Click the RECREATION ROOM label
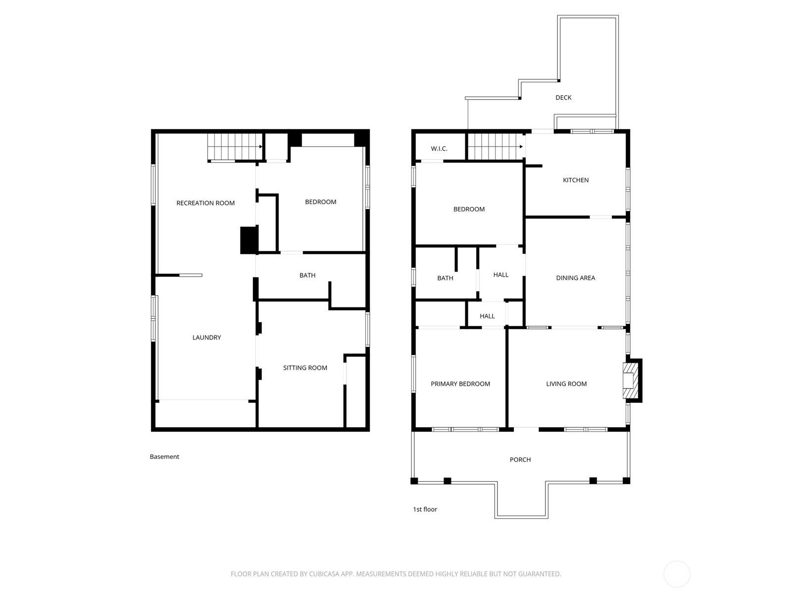(x=205, y=203)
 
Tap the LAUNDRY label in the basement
(x=206, y=337)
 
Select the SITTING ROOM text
(x=305, y=367)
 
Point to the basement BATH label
(x=307, y=275)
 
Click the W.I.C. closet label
(x=439, y=148)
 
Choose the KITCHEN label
(x=576, y=180)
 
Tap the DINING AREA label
(x=575, y=278)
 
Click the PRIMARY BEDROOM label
(x=460, y=384)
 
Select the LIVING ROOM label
(x=566, y=384)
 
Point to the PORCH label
(x=520, y=459)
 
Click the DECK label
(x=563, y=98)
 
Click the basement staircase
(x=235, y=147)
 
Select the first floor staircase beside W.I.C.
(x=496, y=147)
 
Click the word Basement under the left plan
(x=164, y=456)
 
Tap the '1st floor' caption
(x=425, y=509)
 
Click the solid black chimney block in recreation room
(x=249, y=240)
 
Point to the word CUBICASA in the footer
(x=323, y=574)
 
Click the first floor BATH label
(x=445, y=278)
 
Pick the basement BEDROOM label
(x=320, y=202)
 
